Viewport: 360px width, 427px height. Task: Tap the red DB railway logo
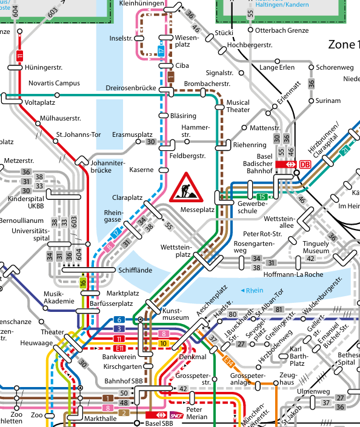304,164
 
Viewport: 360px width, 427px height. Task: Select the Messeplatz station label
197,210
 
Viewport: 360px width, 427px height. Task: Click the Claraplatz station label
127,198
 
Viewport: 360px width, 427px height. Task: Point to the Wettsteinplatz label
176,251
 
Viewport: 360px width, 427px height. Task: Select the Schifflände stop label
135,270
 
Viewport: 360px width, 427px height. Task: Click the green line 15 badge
262,196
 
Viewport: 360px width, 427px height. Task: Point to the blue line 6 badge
119,319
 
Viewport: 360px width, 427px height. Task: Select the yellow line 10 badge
163,343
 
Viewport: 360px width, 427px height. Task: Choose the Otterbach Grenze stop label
282,30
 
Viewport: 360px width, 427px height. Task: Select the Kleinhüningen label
142,4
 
